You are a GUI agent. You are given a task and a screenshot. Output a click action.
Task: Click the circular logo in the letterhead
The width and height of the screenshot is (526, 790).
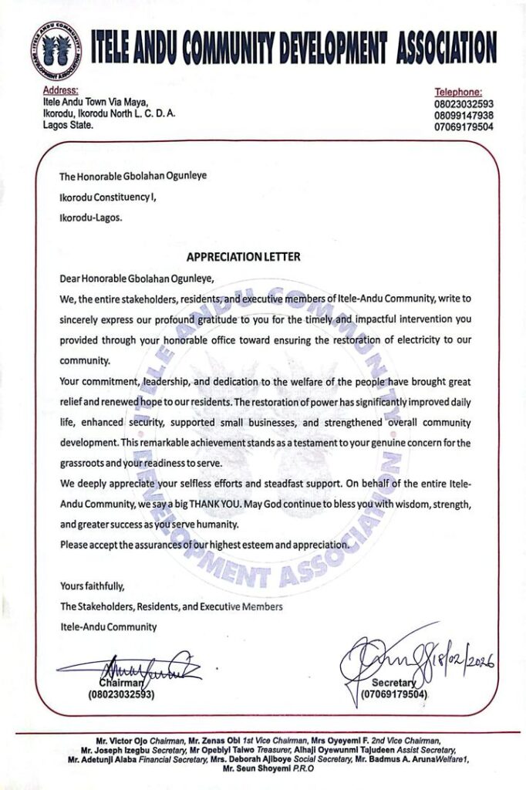coord(56,52)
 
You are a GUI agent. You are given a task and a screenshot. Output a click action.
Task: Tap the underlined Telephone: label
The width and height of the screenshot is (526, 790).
coord(458,92)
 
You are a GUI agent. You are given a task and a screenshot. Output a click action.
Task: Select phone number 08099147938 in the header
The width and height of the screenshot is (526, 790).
coord(464,115)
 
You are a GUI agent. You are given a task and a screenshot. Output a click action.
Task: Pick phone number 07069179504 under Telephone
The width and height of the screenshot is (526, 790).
coord(464,127)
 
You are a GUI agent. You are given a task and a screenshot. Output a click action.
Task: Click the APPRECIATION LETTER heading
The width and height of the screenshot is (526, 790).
coord(243,257)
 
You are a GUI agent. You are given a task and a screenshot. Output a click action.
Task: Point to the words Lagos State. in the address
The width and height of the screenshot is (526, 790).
coord(69,125)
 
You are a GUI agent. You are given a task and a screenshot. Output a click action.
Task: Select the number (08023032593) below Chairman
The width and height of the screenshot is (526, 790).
coord(121,694)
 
